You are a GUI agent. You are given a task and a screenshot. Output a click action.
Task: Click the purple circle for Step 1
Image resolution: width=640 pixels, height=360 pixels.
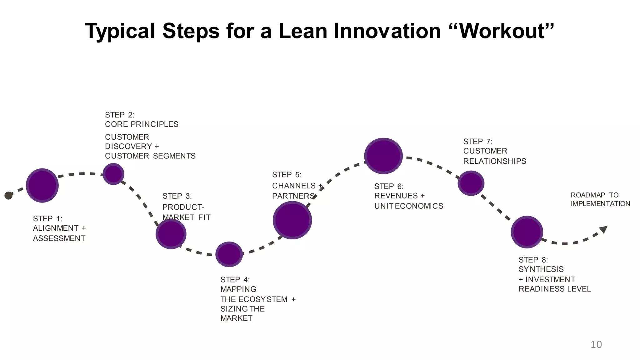pos(42,185)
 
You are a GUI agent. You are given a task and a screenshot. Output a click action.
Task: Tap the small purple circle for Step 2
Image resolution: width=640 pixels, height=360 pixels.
pos(113,174)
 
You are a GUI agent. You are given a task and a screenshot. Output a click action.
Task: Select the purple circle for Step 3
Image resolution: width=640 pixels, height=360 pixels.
pos(171,234)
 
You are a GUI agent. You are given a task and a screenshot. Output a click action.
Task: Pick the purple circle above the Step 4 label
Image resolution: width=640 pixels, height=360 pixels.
pos(229,254)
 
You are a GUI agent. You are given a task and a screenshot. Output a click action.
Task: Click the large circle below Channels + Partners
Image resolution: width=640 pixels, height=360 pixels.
pos(292,220)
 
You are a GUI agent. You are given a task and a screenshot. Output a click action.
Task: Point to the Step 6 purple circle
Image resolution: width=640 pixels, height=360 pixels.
pos(383,156)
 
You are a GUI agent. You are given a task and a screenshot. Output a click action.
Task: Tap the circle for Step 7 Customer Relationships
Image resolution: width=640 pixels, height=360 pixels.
pos(471,183)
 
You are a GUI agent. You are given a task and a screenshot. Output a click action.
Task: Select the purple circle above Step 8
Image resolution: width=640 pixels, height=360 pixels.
pos(527,232)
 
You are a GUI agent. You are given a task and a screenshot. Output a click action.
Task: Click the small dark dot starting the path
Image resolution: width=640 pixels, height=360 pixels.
pos(8,196)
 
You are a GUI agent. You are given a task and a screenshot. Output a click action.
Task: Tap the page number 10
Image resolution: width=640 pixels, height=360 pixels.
pos(596,344)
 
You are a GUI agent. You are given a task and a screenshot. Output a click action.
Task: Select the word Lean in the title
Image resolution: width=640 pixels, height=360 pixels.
pos(302,31)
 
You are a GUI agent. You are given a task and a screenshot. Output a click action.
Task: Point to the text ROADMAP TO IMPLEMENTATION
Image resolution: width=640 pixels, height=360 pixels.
pos(600,199)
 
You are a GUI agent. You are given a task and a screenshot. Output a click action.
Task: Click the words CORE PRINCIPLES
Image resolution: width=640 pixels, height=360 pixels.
pos(142,124)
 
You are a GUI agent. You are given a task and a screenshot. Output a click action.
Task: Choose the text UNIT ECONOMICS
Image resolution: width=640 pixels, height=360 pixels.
pos(409,206)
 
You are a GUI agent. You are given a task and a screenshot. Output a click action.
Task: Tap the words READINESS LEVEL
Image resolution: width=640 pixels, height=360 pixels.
pos(554,289)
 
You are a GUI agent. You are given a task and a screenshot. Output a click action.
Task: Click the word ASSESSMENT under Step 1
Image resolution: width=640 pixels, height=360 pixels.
pos(59,238)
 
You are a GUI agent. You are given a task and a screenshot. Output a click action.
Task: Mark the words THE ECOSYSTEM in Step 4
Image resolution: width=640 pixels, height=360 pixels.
pos(254,299)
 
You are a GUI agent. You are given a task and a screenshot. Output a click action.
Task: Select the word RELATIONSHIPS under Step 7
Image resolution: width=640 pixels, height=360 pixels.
pos(494,161)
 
